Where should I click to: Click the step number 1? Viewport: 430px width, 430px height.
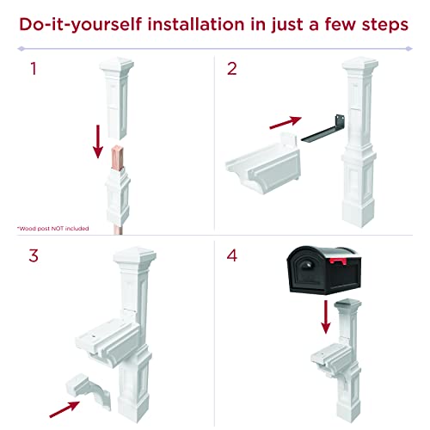click(x=34, y=69)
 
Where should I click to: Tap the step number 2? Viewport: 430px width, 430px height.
click(x=232, y=69)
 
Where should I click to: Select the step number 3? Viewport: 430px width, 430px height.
click(x=34, y=255)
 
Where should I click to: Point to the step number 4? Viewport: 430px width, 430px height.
click(x=232, y=255)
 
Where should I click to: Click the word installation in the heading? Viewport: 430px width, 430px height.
click(x=196, y=24)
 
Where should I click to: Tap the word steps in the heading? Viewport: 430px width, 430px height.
click(x=385, y=25)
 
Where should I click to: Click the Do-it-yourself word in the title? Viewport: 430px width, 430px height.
click(x=81, y=25)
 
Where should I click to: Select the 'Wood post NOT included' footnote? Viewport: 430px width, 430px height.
click(x=53, y=229)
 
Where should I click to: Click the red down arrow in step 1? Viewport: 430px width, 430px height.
click(x=98, y=141)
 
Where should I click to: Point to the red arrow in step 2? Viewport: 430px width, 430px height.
click(x=286, y=122)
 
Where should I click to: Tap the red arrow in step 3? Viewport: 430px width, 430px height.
click(x=64, y=409)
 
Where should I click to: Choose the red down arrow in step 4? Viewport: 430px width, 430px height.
click(x=326, y=316)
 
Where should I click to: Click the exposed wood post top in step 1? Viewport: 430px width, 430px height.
click(x=118, y=158)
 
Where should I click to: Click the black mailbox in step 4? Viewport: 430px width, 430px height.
click(x=324, y=270)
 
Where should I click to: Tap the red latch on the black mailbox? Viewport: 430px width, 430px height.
click(x=339, y=261)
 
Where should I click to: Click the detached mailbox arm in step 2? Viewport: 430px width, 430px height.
click(x=263, y=163)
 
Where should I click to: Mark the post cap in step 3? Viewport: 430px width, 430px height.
click(x=134, y=256)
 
